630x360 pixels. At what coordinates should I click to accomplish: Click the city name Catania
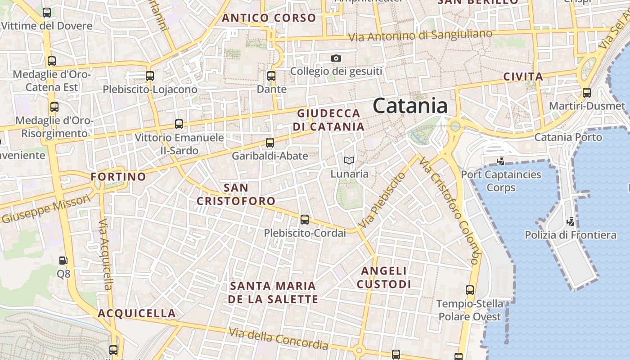tap(410, 106)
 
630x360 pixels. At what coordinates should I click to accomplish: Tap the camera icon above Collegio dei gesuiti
tap(336, 58)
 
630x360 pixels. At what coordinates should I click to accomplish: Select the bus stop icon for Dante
tap(271, 76)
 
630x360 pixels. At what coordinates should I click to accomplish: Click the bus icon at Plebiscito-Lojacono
tap(150, 76)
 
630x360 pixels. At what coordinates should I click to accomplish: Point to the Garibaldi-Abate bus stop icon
tap(270, 143)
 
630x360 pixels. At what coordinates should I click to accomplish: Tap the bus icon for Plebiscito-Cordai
tap(305, 220)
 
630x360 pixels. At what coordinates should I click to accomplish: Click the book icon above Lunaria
tap(349, 160)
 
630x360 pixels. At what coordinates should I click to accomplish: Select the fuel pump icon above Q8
tap(63, 260)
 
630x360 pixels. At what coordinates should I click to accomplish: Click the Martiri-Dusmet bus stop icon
tap(587, 93)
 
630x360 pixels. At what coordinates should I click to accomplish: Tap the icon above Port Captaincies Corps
tap(500, 161)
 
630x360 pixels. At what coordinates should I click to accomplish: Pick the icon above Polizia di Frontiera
tap(571, 221)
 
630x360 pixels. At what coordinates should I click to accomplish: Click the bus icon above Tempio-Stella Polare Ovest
tap(470, 290)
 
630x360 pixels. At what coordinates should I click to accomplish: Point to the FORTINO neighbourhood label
tap(118, 177)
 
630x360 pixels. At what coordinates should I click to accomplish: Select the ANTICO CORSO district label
tap(269, 18)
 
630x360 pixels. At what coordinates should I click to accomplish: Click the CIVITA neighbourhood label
tap(523, 77)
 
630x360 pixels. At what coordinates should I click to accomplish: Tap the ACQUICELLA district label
tap(137, 313)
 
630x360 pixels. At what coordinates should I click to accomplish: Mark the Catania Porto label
tap(568, 137)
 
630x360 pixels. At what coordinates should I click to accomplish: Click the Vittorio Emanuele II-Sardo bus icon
tap(179, 124)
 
